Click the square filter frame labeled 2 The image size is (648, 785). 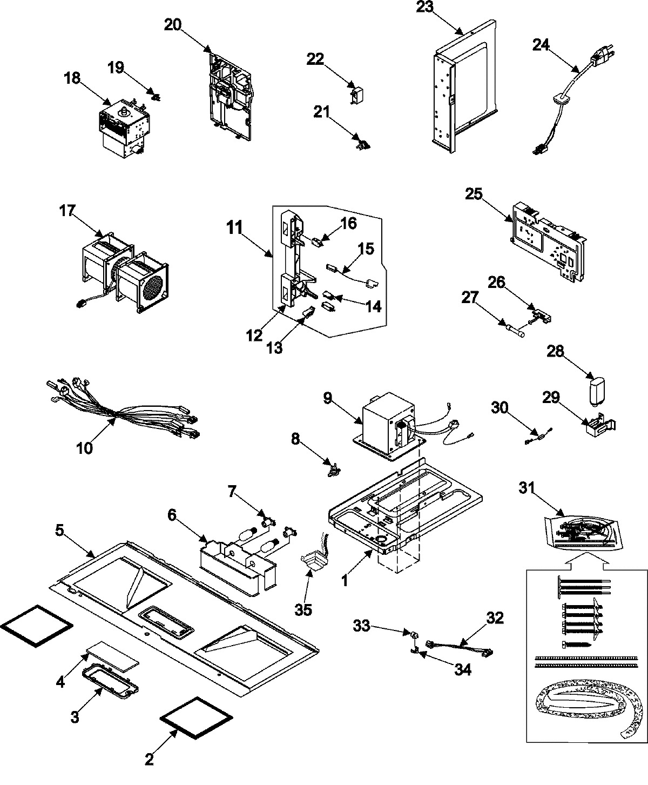click(x=196, y=719)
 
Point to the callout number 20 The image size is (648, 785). click(x=174, y=25)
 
